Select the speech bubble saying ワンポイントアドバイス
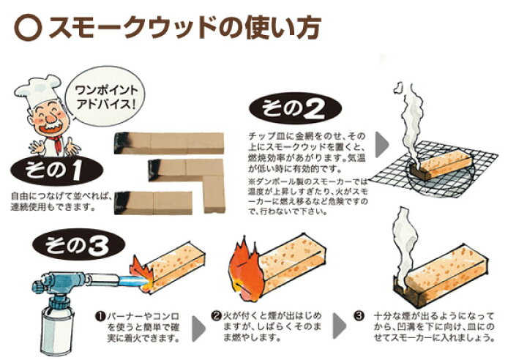click(x=106, y=96)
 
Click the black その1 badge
click(x=56, y=170)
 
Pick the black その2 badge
click(x=295, y=108)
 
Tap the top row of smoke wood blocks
click(x=169, y=143)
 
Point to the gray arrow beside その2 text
click(x=382, y=145)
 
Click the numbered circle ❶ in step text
click(x=100, y=317)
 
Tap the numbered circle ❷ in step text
click(x=217, y=316)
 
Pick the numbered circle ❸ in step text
click(x=359, y=316)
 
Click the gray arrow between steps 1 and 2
click(x=198, y=329)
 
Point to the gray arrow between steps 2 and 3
click(x=340, y=326)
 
